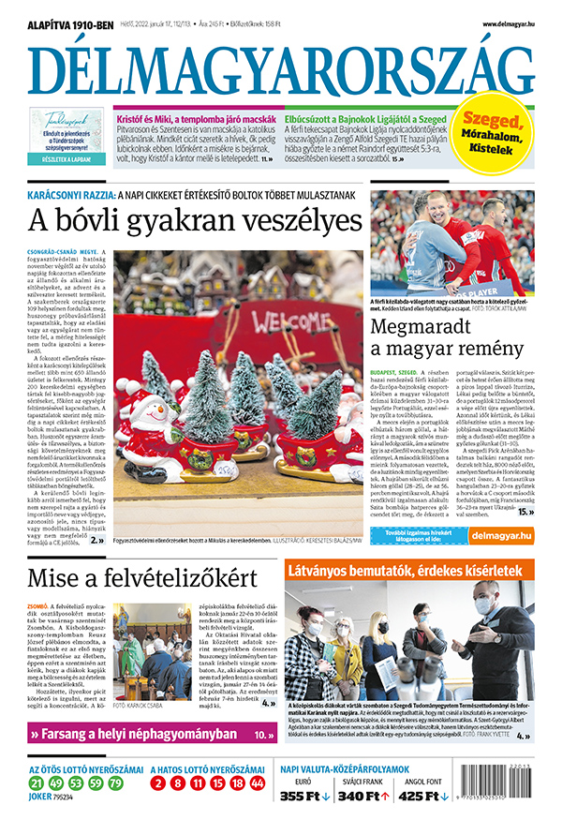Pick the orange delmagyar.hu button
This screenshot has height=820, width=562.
[500, 536]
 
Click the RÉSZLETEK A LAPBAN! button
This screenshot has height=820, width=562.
[66, 160]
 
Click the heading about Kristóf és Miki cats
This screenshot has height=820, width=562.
[195, 120]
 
